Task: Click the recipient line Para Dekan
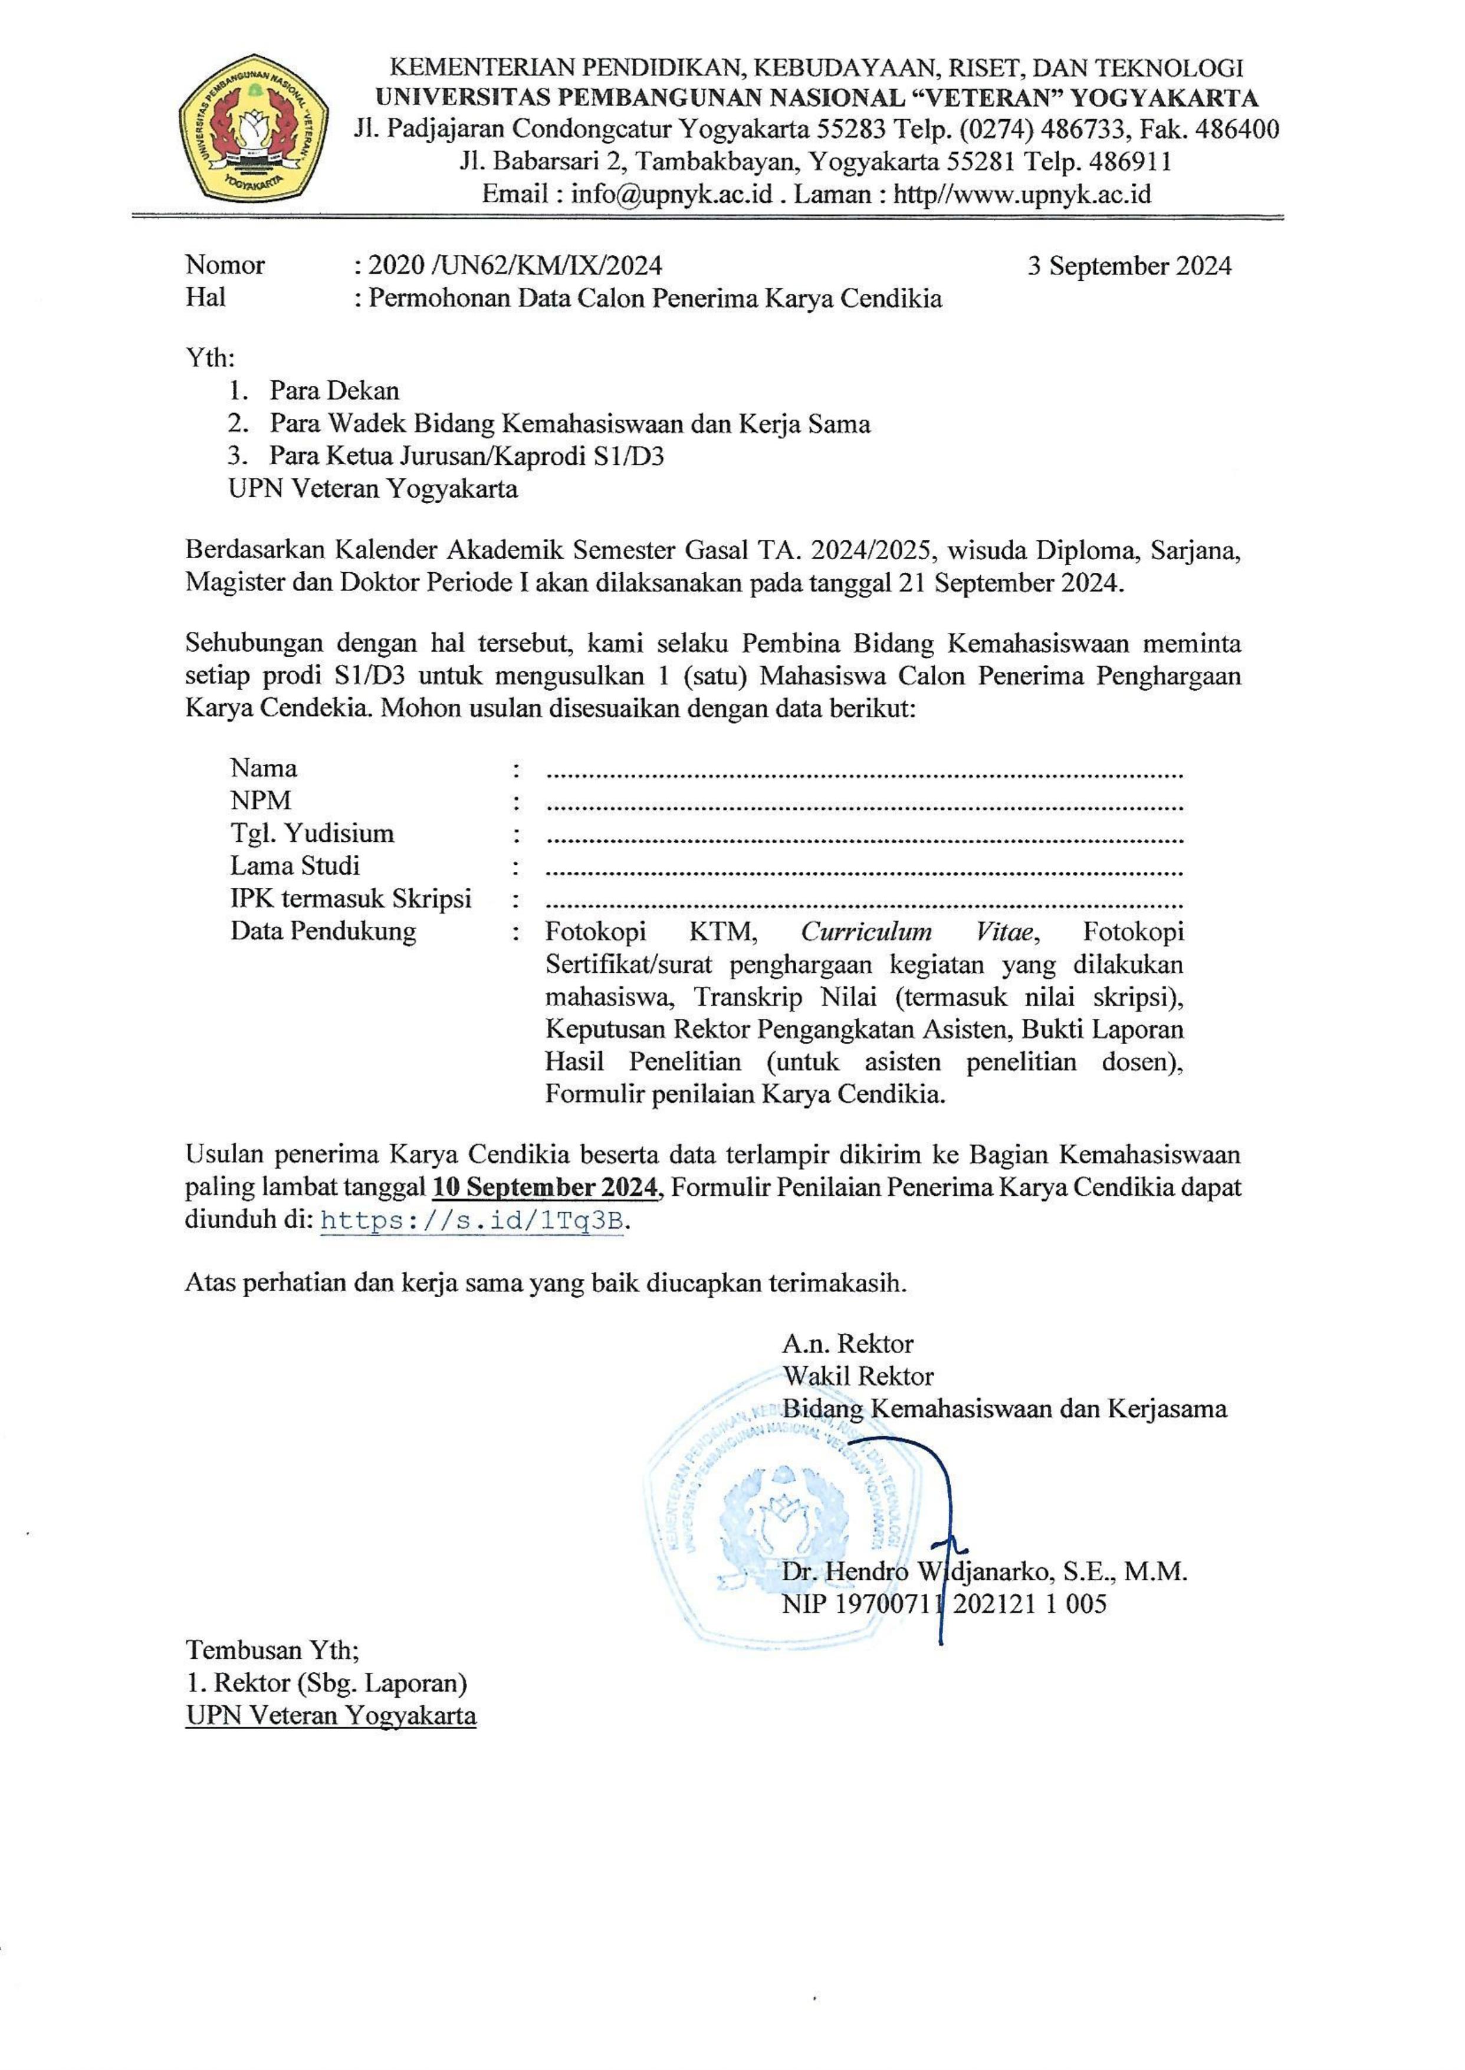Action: click(x=334, y=391)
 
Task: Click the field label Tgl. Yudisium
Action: click(x=312, y=833)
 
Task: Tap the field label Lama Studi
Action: click(x=295, y=865)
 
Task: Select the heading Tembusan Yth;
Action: click(x=272, y=1651)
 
